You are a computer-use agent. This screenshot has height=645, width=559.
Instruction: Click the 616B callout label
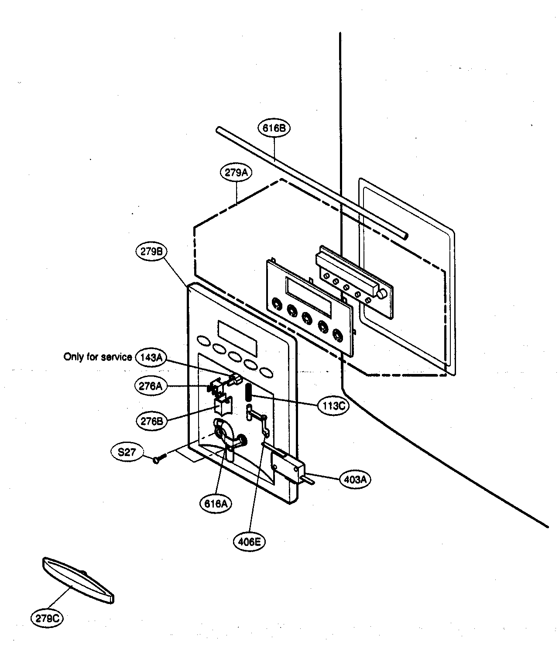coord(274,128)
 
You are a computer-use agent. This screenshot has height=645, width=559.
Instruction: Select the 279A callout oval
coord(236,173)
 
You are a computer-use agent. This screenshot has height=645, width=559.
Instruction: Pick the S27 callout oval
coord(127,452)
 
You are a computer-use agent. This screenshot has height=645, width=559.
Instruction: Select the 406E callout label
coord(249,542)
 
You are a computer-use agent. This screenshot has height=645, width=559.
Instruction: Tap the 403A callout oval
coord(355,480)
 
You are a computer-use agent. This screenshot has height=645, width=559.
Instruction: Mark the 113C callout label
coord(334,405)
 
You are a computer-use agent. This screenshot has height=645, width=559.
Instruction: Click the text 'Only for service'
coord(98,357)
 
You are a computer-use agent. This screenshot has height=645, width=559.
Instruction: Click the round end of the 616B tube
coord(406,236)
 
